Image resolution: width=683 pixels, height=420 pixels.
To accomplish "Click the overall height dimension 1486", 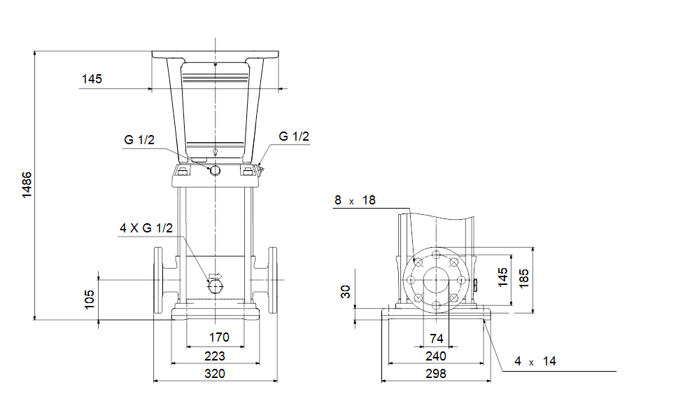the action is (27, 185).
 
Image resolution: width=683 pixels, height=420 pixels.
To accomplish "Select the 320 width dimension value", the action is (215, 374).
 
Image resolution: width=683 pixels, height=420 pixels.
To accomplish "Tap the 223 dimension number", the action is (215, 356).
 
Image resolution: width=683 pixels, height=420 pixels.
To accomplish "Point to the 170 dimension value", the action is (218, 337).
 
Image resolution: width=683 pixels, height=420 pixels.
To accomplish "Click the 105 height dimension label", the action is (90, 300).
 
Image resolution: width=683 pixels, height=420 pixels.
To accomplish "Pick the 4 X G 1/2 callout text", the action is (146, 228).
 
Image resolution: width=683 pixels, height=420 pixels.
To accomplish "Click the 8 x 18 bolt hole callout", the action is (355, 200).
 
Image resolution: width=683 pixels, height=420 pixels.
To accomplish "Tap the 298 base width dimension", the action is (436, 374).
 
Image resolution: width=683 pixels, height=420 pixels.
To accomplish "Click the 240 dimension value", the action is (436, 356).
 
